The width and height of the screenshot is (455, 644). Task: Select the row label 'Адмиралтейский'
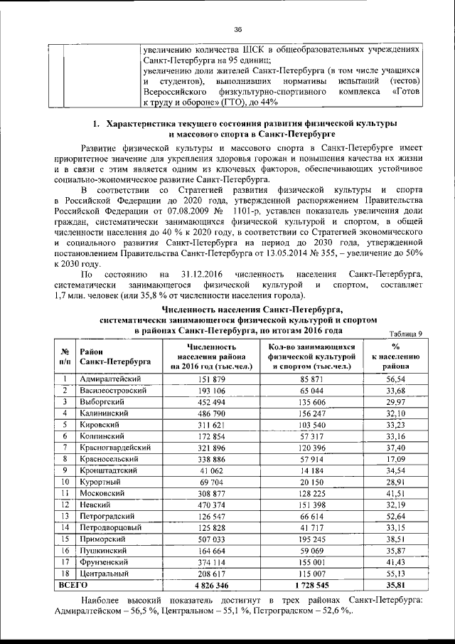pos(111,379)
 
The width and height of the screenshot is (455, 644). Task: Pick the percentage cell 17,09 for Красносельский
pos(390,458)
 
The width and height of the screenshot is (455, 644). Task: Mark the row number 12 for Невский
pos(65,504)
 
